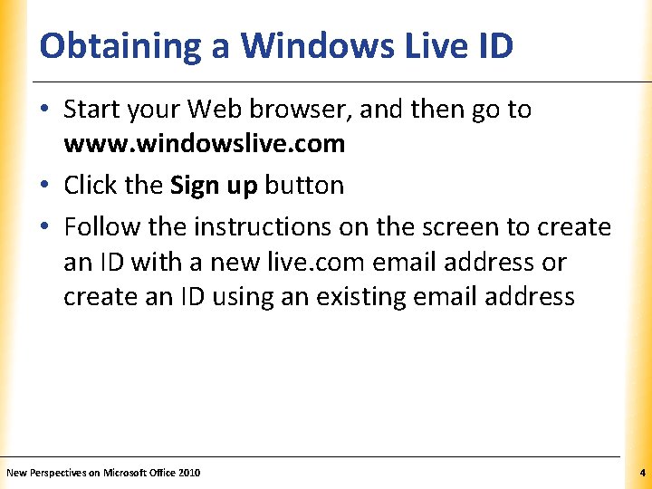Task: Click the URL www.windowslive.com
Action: [204, 143]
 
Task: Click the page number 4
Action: [642, 473]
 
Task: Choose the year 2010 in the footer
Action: [189, 473]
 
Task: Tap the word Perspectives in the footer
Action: [59, 473]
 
